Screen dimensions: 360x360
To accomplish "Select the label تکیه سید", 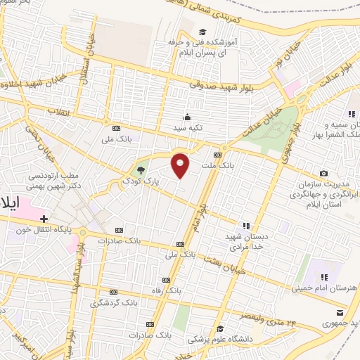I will tap(188, 129).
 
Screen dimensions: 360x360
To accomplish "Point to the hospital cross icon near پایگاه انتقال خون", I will tap(43, 218).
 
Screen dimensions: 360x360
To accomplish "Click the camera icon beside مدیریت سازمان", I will tap(323, 173).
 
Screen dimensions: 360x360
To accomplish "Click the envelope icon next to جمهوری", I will tap(340, 314).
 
